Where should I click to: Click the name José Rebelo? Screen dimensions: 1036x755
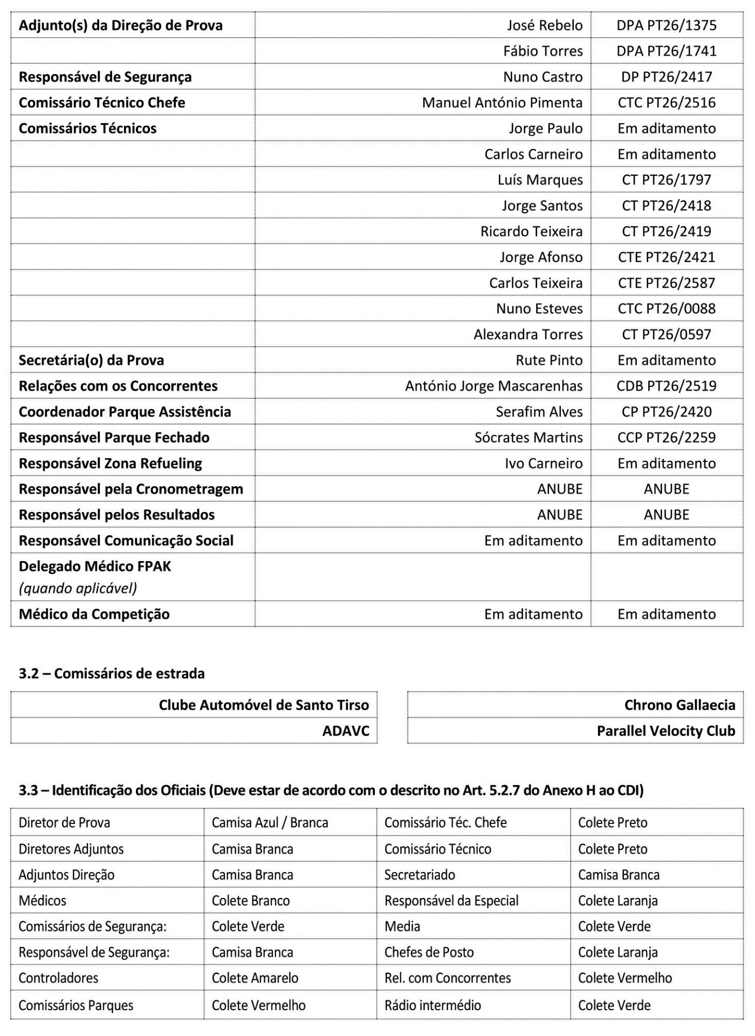tap(545, 25)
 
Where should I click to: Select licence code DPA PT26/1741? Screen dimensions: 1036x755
tap(667, 51)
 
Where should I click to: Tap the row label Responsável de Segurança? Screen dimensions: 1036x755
tap(105, 77)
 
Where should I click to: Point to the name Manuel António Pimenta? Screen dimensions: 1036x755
tap(502, 103)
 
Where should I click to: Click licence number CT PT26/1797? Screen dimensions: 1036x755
tap(667, 180)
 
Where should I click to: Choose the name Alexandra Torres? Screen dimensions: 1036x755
tap(528, 335)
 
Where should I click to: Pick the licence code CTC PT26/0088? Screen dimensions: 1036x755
tap(667, 309)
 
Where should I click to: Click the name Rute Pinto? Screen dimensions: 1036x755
tap(549, 360)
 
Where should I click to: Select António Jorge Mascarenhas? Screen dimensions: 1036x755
tap(493, 386)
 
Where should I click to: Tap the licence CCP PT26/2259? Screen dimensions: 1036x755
tap(667, 438)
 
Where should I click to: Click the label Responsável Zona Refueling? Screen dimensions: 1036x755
tap(110, 464)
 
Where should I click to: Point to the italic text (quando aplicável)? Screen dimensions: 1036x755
tap(78, 588)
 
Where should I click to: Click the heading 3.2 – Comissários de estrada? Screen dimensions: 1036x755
tap(112, 673)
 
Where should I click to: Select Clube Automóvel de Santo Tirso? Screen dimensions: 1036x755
tap(264, 705)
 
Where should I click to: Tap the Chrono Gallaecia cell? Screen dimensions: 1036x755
tap(679, 705)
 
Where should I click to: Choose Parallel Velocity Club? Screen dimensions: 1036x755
tap(665, 731)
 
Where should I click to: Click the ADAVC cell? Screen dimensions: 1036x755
tap(346, 731)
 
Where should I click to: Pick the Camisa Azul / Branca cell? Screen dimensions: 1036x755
tap(270, 823)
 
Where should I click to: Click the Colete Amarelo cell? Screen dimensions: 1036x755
tap(255, 978)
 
